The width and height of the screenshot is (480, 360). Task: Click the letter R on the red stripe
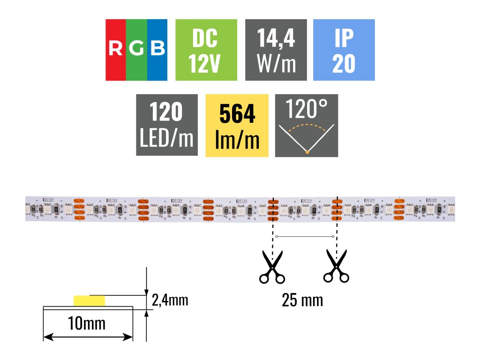pos(115,48)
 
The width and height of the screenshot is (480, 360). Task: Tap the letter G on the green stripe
pos(136,48)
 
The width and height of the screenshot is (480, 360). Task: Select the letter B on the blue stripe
pos(158,48)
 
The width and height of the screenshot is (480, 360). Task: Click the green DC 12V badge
pos(205,50)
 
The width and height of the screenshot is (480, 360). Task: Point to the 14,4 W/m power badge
pos(276,50)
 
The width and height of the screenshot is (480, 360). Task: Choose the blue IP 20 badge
pos(344,50)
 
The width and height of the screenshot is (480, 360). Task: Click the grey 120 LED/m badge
pos(166,125)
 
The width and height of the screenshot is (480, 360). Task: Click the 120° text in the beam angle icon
pos(307,109)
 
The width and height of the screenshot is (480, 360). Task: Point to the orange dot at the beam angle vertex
pos(307,151)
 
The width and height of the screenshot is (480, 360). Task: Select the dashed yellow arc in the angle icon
pos(307,126)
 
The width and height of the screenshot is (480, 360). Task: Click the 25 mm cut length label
pos(302,300)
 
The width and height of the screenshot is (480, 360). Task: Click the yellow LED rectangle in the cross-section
pos(89,300)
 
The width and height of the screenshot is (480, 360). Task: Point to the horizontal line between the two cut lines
pos(305,236)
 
